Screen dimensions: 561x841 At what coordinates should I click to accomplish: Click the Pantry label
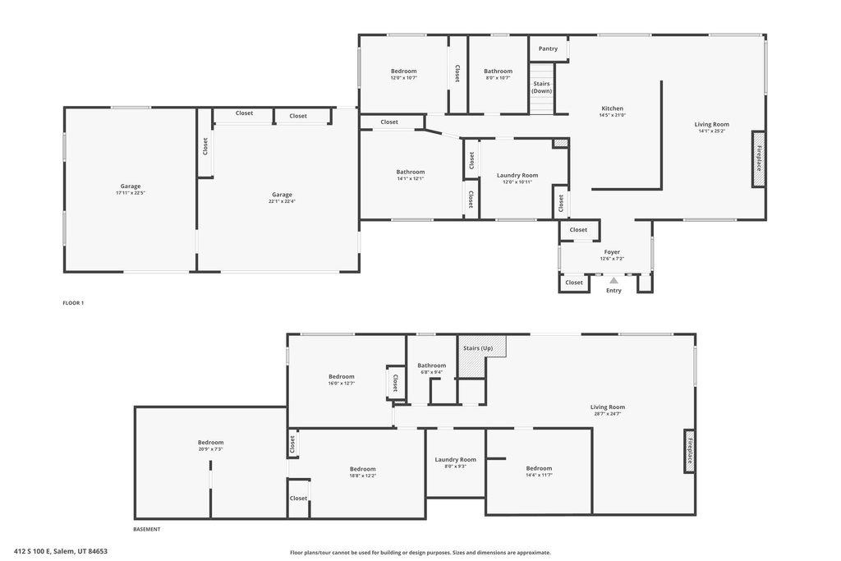(548, 48)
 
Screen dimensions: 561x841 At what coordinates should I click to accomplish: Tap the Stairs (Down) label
(541, 87)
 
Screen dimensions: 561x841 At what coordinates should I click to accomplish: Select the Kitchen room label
(612, 108)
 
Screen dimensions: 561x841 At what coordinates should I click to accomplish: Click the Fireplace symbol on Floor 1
(758, 159)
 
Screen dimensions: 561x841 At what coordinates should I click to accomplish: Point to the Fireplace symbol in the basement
(689, 451)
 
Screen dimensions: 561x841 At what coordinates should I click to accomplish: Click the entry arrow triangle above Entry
(614, 281)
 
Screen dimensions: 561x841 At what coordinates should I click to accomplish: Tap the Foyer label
(612, 252)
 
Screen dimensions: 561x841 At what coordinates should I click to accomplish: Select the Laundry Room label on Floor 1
(517, 175)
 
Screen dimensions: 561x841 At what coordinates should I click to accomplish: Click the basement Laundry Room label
(455, 460)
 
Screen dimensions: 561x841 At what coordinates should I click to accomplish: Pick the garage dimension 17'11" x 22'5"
(130, 193)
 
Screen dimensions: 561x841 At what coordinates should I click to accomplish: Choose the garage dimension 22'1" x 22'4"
(282, 201)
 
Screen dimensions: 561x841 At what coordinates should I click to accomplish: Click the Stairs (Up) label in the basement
(484, 348)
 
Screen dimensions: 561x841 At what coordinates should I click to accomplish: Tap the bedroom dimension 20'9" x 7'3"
(210, 449)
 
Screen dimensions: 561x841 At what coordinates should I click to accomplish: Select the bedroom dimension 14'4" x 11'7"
(539, 475)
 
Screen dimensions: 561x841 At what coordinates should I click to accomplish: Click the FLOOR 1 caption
(73, 303)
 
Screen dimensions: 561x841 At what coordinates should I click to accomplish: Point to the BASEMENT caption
(147, 529)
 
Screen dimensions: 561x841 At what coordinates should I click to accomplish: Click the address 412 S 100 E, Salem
(61, 551)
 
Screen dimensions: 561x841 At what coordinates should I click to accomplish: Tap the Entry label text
(614, 291)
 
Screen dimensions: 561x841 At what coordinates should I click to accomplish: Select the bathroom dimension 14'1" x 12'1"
(411, 178)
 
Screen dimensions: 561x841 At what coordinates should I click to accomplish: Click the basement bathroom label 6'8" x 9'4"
(431, 372)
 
